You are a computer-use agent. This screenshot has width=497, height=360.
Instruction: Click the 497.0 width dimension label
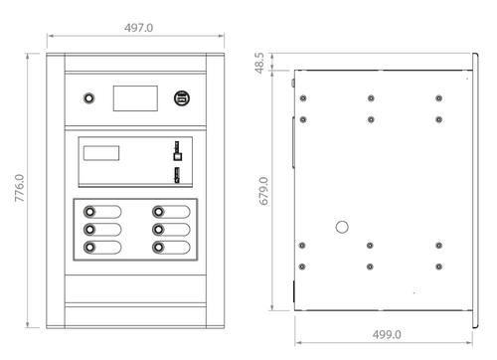click(x=139, y=28)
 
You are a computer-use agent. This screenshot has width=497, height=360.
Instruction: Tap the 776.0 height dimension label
click(x=20, y=188)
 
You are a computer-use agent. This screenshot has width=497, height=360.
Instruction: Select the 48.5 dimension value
click(x=259, y=63)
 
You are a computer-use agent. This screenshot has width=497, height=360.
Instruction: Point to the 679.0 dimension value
click(x=263, y=191)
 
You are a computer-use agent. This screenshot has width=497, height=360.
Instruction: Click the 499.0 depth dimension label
click(x=387, y=334)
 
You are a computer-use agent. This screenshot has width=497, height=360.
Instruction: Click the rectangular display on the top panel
click(x=135, y=98)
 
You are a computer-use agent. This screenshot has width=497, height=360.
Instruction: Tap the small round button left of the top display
click(x=88, y=98)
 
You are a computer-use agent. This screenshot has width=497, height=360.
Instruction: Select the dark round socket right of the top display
click(x=182, y=98)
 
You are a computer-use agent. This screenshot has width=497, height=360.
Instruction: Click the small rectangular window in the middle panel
click(x=101, y=153)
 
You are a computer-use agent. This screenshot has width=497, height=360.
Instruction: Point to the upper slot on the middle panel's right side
click(x=178, y=151)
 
